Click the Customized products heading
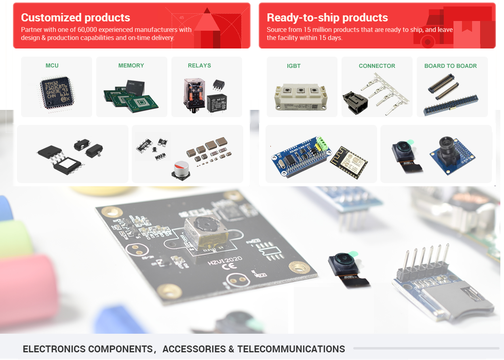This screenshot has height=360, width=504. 76,18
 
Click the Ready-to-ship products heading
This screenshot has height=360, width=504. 327,18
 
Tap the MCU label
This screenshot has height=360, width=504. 52,65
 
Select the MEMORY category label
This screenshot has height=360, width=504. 131,65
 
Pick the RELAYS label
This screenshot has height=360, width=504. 199,65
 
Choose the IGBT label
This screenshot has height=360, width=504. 294,66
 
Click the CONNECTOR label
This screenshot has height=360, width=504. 377,66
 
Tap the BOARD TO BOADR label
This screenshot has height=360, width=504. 451,66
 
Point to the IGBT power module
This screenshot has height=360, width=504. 302,97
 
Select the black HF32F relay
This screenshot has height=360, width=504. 217,103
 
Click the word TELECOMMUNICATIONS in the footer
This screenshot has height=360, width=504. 291,349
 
